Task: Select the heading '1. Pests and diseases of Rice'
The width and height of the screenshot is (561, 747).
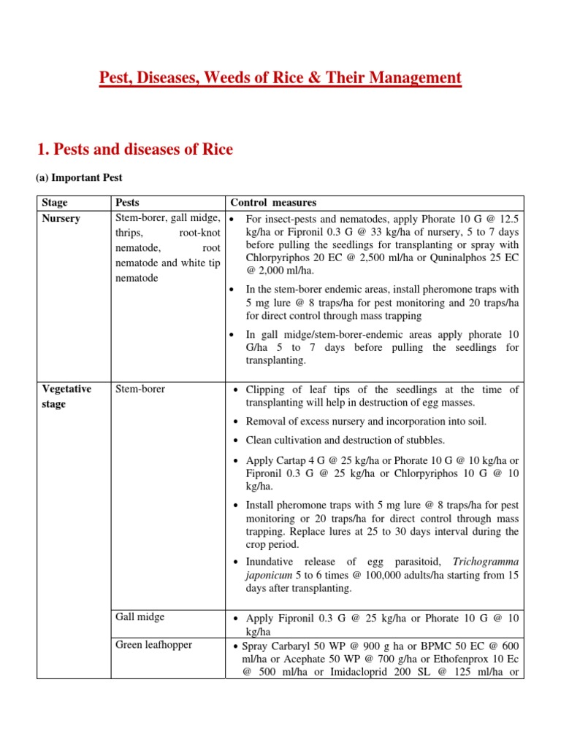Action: point(134,150)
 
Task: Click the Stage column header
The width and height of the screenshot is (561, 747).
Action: point(56,202)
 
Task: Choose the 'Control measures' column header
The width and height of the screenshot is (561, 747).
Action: point(273,202)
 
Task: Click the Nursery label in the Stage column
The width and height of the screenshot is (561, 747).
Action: point(61,218)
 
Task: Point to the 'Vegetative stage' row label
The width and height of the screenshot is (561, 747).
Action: point(66,396)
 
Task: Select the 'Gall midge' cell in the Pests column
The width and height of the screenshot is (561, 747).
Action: point(140,616)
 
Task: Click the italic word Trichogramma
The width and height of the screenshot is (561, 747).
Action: point(486,562)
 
